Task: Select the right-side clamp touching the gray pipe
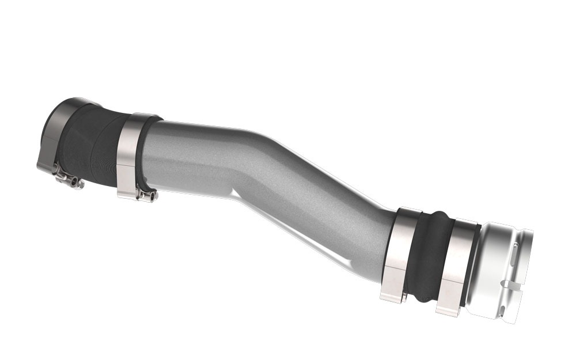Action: tap(396, 253)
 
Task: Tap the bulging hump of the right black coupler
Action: tap(429, 256)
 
